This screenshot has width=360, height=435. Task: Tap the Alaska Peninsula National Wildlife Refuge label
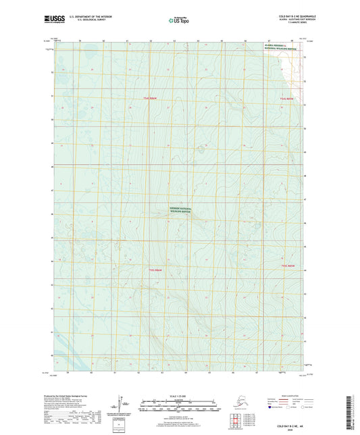(277, 47)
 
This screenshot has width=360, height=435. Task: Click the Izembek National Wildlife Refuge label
(180, 210)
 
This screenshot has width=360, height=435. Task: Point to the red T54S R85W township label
(288, 99)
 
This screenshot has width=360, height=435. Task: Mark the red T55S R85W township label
(288, 266)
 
